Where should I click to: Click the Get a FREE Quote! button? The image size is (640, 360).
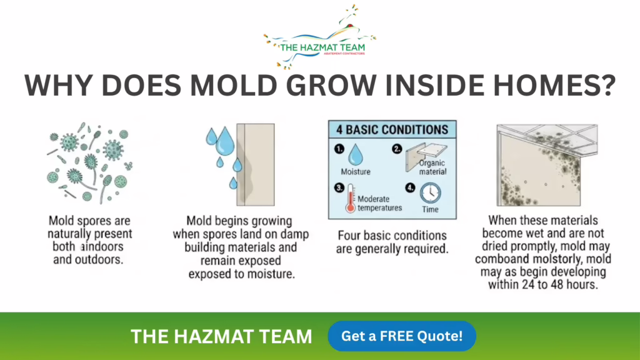[x=402, y=336]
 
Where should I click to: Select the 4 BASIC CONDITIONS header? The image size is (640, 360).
[x=392, y=130]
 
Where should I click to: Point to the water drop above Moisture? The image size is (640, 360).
[x=356, y=155]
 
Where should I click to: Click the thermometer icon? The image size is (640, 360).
[x=350, y=198]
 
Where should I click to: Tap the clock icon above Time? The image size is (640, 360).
[x=430, y=193]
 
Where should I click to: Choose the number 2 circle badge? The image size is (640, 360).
[x=397, y=149]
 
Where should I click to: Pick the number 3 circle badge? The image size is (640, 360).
[x=339, y=187]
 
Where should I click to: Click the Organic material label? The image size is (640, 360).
[x=432, y=167]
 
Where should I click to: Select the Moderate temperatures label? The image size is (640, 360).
[x=379, y=203]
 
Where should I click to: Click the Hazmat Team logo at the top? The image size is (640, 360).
[x=320, y=37]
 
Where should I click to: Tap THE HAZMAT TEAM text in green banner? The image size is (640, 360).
[x=221, y=337]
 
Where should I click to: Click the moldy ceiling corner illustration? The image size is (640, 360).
[x=547, y=165]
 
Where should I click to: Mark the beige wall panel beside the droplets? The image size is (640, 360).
[x=256, y=164]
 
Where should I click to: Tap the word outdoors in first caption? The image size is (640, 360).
[x=99, y=259]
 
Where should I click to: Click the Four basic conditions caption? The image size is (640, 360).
[x=392, y=242]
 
